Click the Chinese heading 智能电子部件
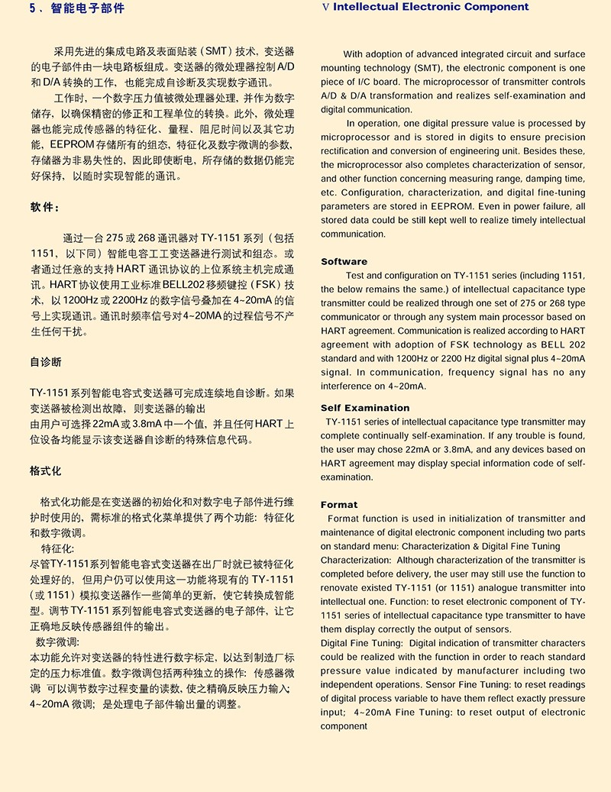(x=87, y=9)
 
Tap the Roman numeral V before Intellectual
(x=326, y=8)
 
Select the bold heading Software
(x=344, y=261)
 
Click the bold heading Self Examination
(x=365, y=408)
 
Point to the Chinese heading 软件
(x=44, y=207)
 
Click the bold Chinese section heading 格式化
(x=46, y=470)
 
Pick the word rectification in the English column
(x=348, y=151)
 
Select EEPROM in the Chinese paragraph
(x=73, y=144)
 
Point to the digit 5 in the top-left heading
(x=31, y=9)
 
